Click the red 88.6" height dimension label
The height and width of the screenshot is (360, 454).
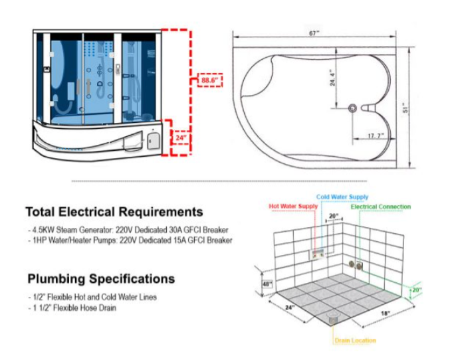209,80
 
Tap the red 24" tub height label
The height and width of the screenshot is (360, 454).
180,137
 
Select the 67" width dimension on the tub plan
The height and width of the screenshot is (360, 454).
314,33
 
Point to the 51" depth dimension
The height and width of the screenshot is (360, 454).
405,108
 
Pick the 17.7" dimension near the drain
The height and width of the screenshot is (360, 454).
376,135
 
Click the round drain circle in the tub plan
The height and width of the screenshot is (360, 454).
352,108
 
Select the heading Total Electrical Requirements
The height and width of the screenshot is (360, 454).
114,212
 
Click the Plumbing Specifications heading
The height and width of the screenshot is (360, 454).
101,279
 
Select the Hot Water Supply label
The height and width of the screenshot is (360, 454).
293,207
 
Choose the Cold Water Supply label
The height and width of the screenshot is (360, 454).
342,197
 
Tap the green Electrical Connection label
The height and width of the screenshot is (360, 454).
381,207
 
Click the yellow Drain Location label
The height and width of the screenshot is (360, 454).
355,341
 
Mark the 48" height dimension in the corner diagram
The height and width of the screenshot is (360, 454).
267,284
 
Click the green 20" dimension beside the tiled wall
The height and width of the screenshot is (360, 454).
416,290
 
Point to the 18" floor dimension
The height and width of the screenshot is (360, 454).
386,313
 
